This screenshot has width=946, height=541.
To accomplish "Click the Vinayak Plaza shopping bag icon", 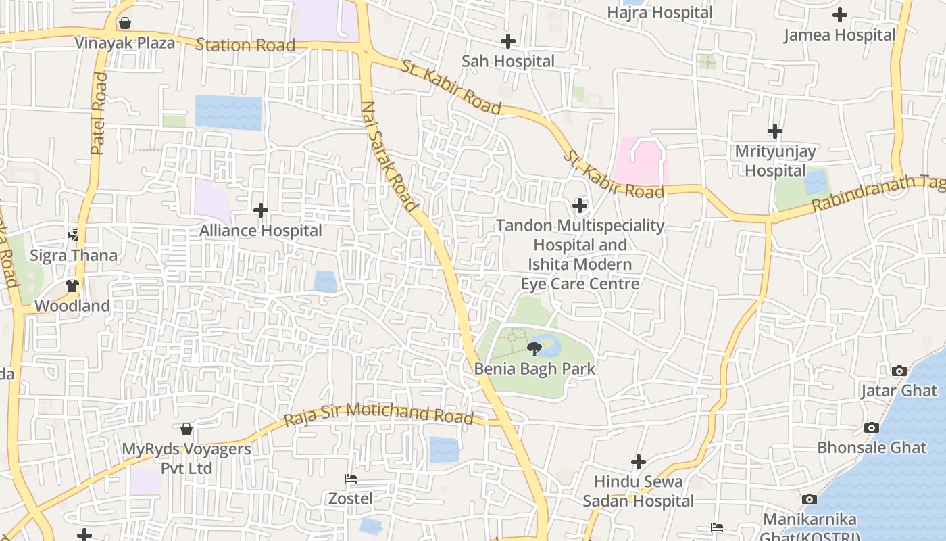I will (125, 24).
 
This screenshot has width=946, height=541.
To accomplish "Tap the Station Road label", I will (245, 45).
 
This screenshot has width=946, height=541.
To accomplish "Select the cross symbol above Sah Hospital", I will (508, 41).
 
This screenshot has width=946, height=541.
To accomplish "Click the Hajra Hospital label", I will (659, 12).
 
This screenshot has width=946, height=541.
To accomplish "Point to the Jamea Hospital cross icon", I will (840, 14).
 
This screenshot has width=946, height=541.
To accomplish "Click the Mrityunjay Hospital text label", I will (775, 161).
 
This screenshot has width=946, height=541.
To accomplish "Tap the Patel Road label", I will (99, 113).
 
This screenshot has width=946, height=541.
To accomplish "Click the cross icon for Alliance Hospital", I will (261, 210).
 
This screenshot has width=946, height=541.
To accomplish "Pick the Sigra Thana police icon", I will (73, 235).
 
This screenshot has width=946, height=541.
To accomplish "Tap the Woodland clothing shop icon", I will (72, 286).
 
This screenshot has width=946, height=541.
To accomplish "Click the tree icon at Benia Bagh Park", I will (534, 349).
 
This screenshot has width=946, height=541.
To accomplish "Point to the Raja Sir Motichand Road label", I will (378, 413).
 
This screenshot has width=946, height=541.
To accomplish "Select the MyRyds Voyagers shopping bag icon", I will (186, 429).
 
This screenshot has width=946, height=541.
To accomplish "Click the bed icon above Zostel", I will (351, 479).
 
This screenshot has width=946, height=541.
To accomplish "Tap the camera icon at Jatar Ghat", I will (899, 371).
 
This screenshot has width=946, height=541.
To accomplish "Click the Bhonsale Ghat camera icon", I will (872, 427).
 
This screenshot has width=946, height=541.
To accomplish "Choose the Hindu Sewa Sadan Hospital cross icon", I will (639, 462).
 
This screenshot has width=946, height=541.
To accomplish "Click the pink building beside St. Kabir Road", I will (640, 161).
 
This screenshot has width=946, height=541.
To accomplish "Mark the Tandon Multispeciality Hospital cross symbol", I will (580, 206).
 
